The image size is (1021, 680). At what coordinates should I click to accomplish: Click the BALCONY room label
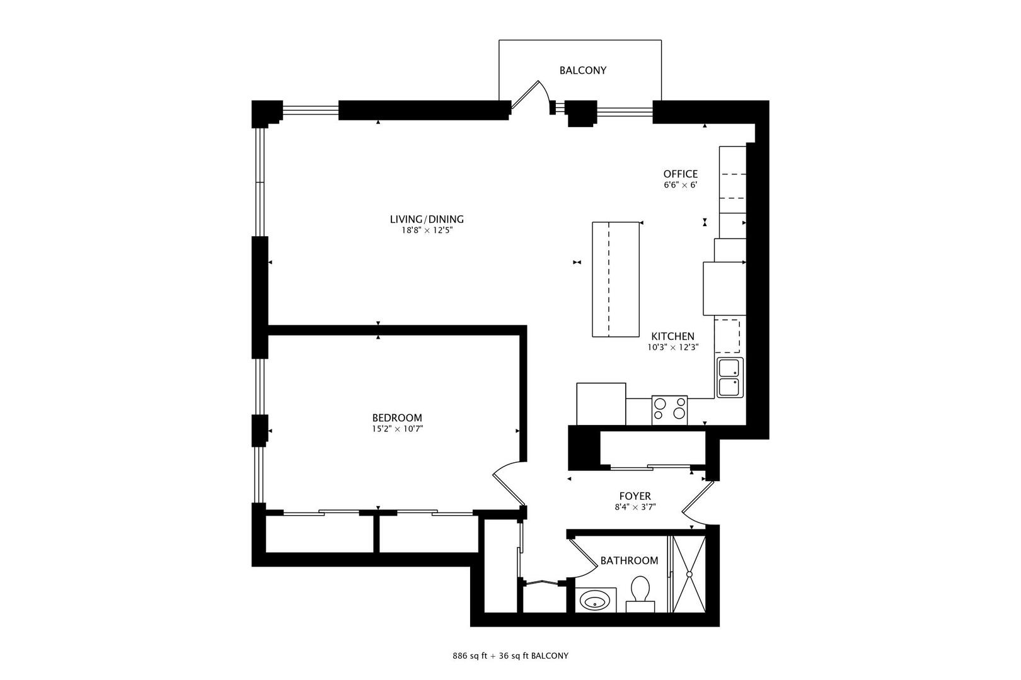click(582, 71)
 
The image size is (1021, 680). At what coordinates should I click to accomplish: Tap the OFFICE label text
click(680, 174)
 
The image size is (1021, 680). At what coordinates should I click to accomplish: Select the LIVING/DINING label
click(426, 219)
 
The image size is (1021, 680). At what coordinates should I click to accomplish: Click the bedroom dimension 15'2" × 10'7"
click(396, 429)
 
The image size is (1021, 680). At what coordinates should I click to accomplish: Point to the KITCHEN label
click(672, 336)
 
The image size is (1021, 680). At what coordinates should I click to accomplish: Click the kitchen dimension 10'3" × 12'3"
click(672, 348)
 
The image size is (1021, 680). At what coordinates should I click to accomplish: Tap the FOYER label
click(635, 496)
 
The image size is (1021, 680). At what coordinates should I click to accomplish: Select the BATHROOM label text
click(628, 560)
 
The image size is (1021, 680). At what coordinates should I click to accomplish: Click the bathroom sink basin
click(596, 601)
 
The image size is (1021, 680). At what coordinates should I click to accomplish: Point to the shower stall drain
click(689, 574)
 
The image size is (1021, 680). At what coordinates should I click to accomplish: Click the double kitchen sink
click(730, 378)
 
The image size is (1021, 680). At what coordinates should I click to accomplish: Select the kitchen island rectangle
click(616, 279)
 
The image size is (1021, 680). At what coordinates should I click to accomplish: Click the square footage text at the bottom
click(510, 655)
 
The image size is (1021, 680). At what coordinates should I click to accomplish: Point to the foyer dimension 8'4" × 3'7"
click(635, 507)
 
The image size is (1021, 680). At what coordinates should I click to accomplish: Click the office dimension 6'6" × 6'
click(680, 186)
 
